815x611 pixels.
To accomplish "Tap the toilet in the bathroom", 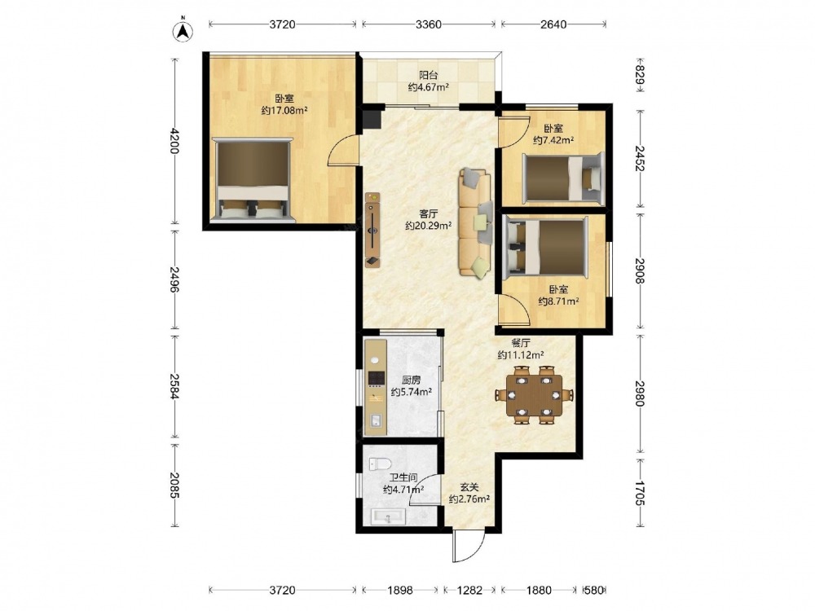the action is tap(380, 464).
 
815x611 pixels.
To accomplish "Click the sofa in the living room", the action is tap(475, 222).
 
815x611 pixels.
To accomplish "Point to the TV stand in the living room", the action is tap(372, 230).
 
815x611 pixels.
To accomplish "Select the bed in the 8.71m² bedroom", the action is tap(546, 246).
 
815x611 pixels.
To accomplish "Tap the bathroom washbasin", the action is tap(388, 516).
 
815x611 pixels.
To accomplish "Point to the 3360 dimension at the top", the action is tap(429, 24).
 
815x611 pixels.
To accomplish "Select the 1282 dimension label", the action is tap(469, 590).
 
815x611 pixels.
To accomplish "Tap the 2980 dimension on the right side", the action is tap(640, 394).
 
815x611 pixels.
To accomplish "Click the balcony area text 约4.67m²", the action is tap(429, 87).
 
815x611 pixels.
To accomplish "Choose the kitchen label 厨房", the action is tap(411, 380).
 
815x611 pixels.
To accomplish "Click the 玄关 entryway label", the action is tap(469, 487).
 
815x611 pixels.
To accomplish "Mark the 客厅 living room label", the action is tap(429, 213).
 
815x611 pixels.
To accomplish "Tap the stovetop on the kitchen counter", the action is tap(376, 378).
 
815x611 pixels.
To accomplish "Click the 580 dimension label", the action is tap(594, 590).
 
